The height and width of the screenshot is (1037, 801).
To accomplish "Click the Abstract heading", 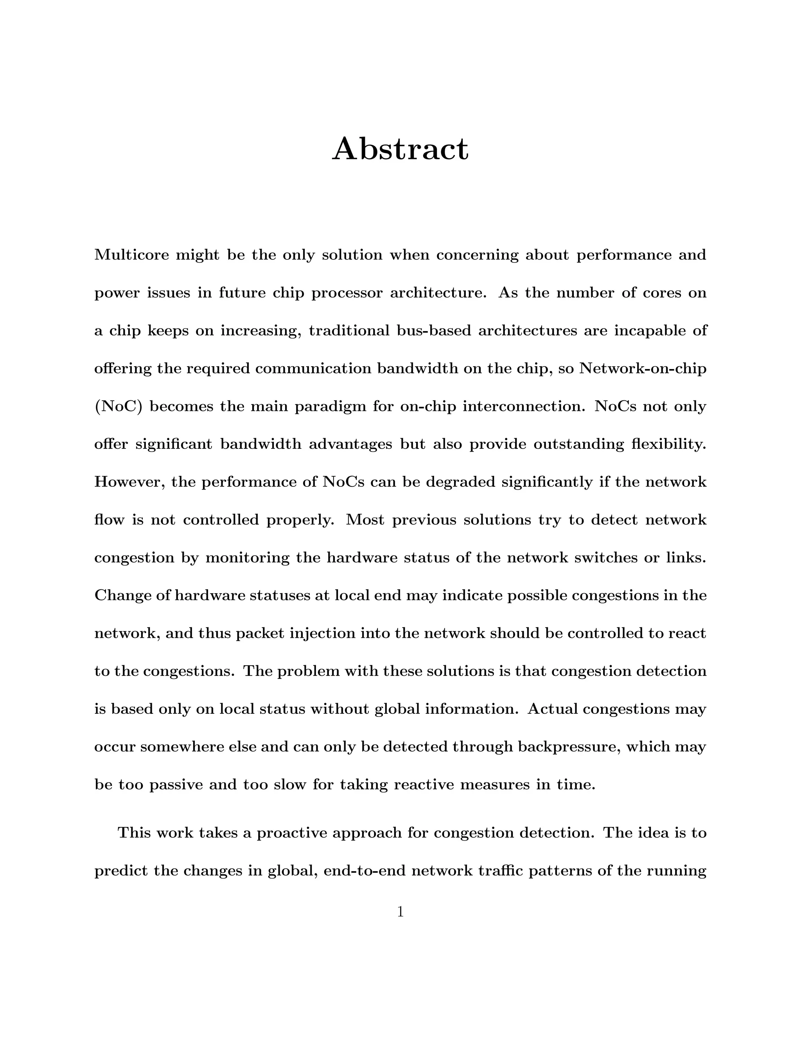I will pyautogui.click(x=400, y=149).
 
